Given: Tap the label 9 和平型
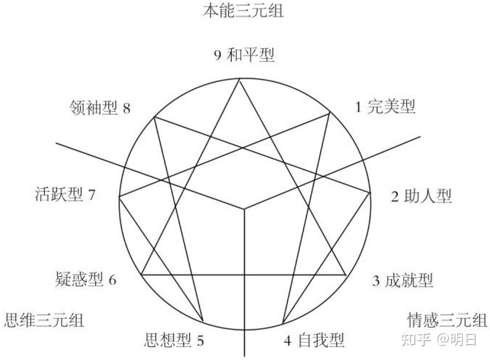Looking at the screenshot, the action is coord(245,55).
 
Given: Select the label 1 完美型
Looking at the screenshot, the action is coord(385,106).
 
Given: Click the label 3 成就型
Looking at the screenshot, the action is coord(402,280).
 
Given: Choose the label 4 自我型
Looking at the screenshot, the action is coord(313,340).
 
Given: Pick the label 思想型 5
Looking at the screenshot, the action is coord(174,340).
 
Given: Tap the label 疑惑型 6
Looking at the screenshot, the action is coord(86,279).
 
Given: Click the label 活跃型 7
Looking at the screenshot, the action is coord(65,195).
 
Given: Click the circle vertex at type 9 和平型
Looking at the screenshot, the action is coord(239,79).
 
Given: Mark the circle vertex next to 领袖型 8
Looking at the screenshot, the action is coord(154,117).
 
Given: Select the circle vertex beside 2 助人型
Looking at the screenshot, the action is coord(370,193).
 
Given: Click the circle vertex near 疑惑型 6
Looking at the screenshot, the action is coord(141,274).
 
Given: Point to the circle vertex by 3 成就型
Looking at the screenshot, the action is coord(346,274).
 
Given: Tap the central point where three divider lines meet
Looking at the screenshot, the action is coord(245,209).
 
